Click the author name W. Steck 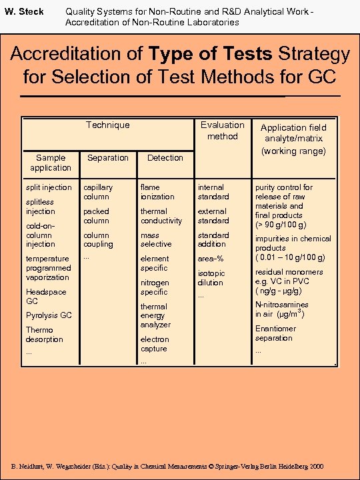click(24, 11)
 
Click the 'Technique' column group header click(107, 125)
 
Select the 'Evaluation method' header click(223, 130)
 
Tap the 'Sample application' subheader click(50, 163)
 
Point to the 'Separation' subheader click(107, 157)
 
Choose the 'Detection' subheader click(165, 157)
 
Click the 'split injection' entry click(48, 187)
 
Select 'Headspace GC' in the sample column click(46, 297)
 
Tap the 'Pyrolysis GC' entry click(49, 315)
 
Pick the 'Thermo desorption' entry click(44, 335)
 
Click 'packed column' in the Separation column click(96, 216)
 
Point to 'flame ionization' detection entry click(157, 192)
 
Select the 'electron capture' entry click(154, 344)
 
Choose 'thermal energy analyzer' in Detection click(155, 315)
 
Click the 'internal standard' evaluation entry click(213, 192)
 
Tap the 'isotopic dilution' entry click(211, 278)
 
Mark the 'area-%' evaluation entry click(211, 259)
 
